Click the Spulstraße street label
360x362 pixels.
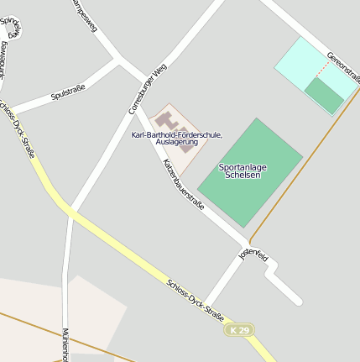point(68,92)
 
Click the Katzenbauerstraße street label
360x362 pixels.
point(183,184)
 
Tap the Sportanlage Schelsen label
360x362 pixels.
point(243,171)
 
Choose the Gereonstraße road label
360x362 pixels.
point(343,66)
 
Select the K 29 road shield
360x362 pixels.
point(240,330)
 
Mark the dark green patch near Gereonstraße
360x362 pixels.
point(324,95)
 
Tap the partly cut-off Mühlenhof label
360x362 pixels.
point(65,344)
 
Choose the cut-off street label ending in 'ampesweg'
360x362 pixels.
point(85,14)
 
